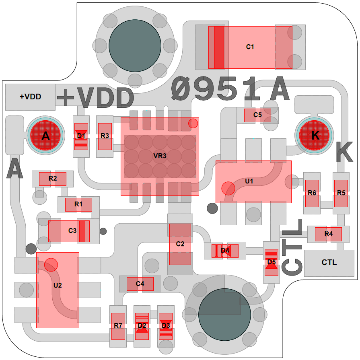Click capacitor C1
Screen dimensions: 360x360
point(250,47)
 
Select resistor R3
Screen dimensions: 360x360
point(105,136)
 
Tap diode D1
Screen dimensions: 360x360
point(81,136)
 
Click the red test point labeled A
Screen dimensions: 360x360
point(46,136)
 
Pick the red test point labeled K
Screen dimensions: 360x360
point(315,136)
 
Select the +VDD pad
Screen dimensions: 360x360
point(30,97)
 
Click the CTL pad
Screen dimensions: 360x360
point(329,263)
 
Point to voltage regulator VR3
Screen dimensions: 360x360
point(160,156)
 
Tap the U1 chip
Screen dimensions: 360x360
point(253,182)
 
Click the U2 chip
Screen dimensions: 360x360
point(58,290)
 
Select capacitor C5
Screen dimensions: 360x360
point(257,115)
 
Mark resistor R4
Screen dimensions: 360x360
point(328,234)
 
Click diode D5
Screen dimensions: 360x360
point(272,262)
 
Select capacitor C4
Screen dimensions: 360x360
point(140,284)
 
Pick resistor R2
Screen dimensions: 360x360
point(52,179)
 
